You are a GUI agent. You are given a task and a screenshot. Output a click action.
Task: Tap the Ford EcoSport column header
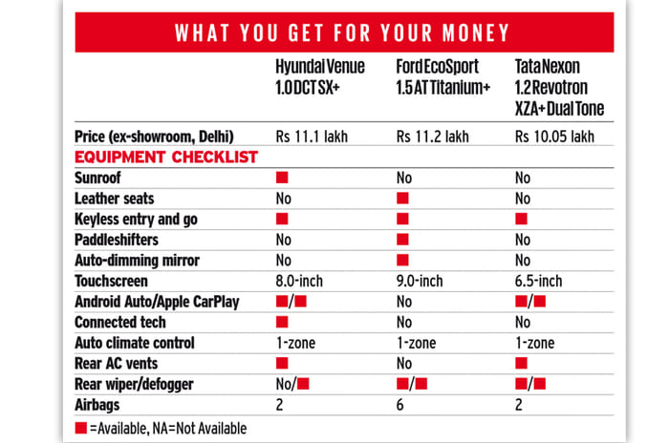coord(442,81)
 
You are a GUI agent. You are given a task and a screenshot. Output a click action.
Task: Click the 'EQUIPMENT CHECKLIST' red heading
coord(164,157)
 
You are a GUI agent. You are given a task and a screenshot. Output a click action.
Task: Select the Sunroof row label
coord(99,178)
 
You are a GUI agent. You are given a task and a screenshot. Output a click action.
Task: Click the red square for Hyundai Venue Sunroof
coord(282,178)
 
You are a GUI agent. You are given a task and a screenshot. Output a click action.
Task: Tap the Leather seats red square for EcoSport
coord(402,198)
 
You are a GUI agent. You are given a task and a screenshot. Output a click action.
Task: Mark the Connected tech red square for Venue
coord(282,322)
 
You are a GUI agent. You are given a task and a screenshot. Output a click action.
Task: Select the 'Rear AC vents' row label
coord(118,364)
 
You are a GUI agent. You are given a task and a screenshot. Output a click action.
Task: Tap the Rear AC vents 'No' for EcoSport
coord(406,364)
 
